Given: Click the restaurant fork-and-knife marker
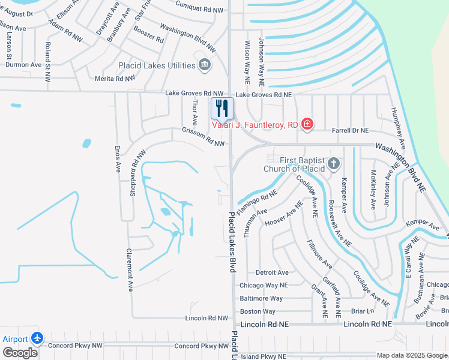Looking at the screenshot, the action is [222, 109].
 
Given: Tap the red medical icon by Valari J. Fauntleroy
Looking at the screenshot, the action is [307, 124].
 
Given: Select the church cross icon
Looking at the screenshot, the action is [333, 164].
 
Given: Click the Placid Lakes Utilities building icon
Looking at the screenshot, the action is [204, 64].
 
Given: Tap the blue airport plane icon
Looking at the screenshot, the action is [37, 338].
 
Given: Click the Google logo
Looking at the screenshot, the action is [20, 353].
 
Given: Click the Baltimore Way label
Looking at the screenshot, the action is [261, 298].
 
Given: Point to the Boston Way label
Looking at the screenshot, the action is [258, 311].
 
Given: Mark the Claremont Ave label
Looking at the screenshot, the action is [129, 270].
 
